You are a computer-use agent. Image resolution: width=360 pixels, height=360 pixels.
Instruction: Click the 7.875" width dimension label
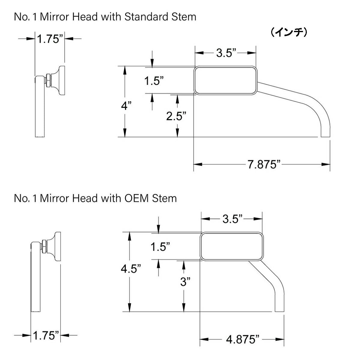click(x=263, y=164)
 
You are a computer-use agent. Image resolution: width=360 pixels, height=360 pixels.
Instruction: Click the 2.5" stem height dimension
click(x=176, y=116)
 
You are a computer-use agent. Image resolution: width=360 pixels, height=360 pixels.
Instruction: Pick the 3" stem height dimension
click(x=185, y=282)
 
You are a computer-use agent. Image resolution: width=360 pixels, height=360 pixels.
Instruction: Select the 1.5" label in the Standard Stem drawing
click(x=154, y=80)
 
